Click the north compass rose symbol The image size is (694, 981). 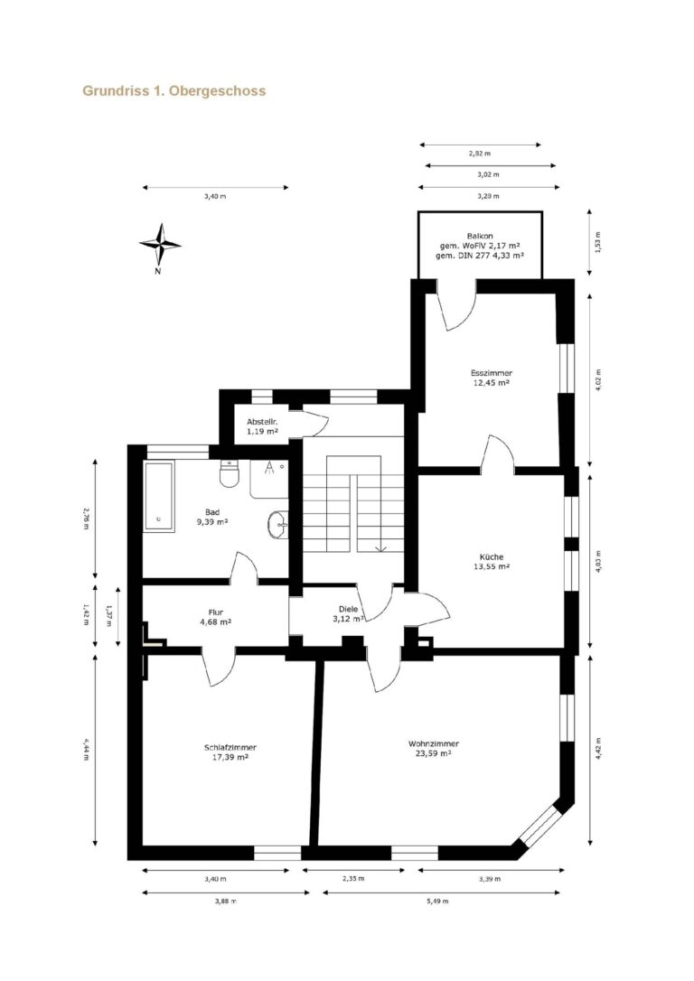[x=160, y=245]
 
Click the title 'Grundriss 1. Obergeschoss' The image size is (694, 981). [x=174, y=90]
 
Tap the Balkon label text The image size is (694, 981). [x=480, y=236]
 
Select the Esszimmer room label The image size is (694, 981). [x=492, y=373]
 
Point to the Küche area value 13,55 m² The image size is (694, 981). [x=492, y=566]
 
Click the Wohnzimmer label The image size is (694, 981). [x=434, y=744]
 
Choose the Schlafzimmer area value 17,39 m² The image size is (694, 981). [x=230, y=757]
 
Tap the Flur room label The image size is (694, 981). [x=215, y=612]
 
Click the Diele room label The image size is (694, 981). [x=348, y=609]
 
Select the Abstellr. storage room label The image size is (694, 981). [x=261, y=422]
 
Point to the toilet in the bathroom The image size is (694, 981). [x=230, y=473]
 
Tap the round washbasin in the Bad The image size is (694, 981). [x=277, y=524]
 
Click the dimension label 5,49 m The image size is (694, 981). [x=437, y=901]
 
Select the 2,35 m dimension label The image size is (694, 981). [x=353, y=878]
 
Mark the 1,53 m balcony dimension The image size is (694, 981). [x=598, y=243]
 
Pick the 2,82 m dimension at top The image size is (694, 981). [x=479, y=153]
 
